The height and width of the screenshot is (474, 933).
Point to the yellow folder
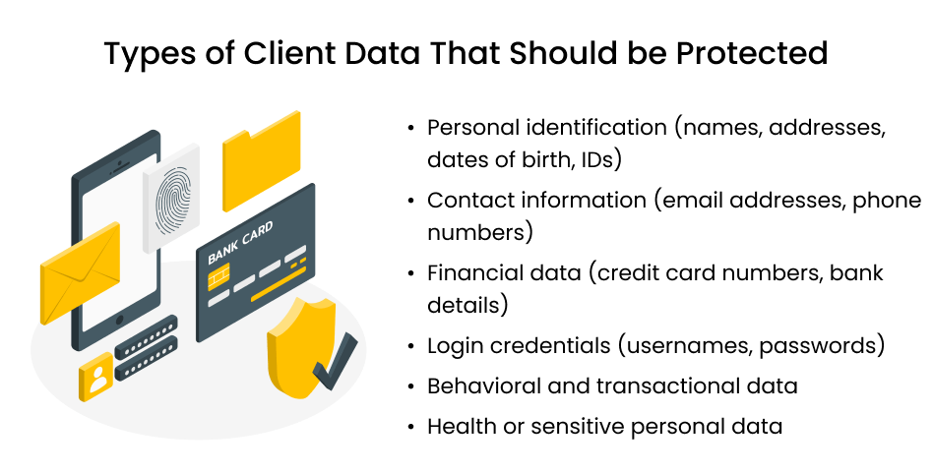point(260,159)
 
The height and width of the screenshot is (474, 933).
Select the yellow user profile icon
point(97,378)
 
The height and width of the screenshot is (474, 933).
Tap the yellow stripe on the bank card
point(280,290)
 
